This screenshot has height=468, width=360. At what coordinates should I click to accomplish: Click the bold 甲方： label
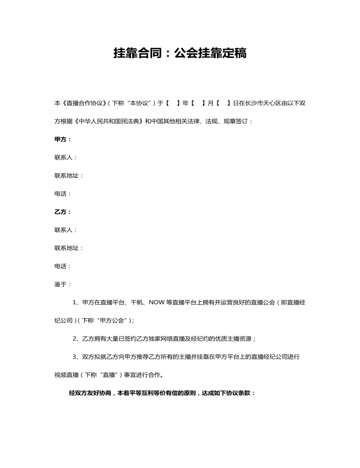pyautogui.click(x=63, y=139)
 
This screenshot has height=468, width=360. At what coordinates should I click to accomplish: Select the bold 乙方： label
pyautogui.click(x=63, y=212)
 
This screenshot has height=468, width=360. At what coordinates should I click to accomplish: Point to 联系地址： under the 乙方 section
pyautogui.click(x=69, y=248)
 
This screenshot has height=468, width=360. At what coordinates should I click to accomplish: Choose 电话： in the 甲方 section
pyautogui.click(x=63, y=193)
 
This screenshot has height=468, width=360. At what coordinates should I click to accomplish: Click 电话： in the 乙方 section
pyautogui.click(x=63, y=266)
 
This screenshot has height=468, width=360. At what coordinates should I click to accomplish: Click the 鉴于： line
pyautogui.click(x=63, y=284)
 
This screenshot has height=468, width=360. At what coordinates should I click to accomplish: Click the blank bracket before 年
pyautogui.click(x=173, y=102)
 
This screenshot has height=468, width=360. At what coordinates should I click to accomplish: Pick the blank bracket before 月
pyautogui.click(x=198, y=102)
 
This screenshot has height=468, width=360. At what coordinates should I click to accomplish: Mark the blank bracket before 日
pyautogui.click(x=223, y=102)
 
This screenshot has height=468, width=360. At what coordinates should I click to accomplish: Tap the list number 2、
pyautogui.click(x=77, y=338)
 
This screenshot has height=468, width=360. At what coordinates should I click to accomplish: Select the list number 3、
pyautogui.click(x=77, y=357)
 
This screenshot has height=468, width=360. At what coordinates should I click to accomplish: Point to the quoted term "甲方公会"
pyautogui.click(x=111, y=321)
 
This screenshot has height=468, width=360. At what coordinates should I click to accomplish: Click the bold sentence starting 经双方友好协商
pyautogui.click(x=162, y=393)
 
